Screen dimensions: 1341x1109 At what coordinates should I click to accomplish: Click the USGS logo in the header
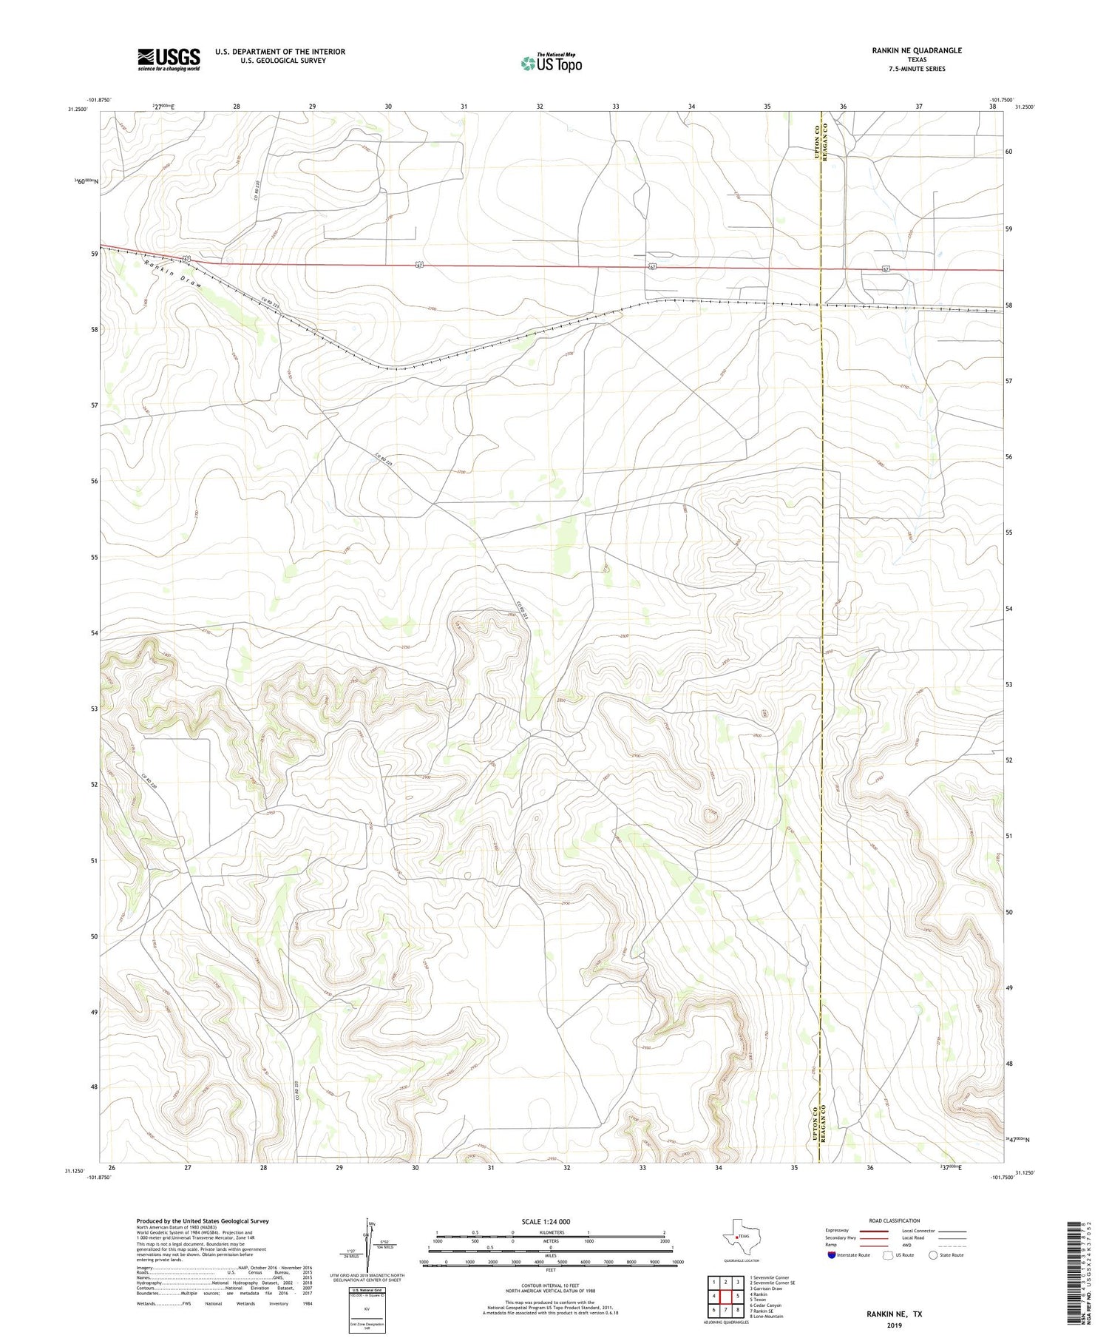pos(169,59)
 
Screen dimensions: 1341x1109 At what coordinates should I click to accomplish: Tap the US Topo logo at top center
pos(551,63)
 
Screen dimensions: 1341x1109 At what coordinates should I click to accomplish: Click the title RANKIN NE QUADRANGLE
pos(916,50)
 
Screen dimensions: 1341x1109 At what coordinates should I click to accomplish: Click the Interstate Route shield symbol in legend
pos(831,1254)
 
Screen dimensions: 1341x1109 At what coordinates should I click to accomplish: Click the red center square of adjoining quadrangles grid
pos(725,1296)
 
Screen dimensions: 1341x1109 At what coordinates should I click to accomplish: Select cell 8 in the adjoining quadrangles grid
pos(738,1309)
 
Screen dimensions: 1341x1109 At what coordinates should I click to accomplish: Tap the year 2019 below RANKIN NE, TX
pos(894,1324)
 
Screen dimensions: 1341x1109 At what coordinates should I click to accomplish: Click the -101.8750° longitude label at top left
pos(98,100)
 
